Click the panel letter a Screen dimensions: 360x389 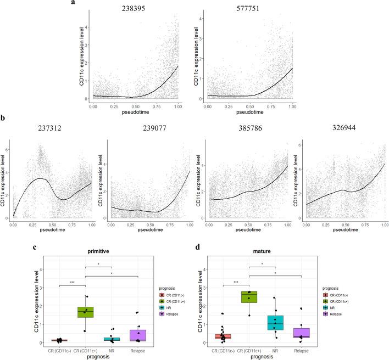click(x=73, y=4)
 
